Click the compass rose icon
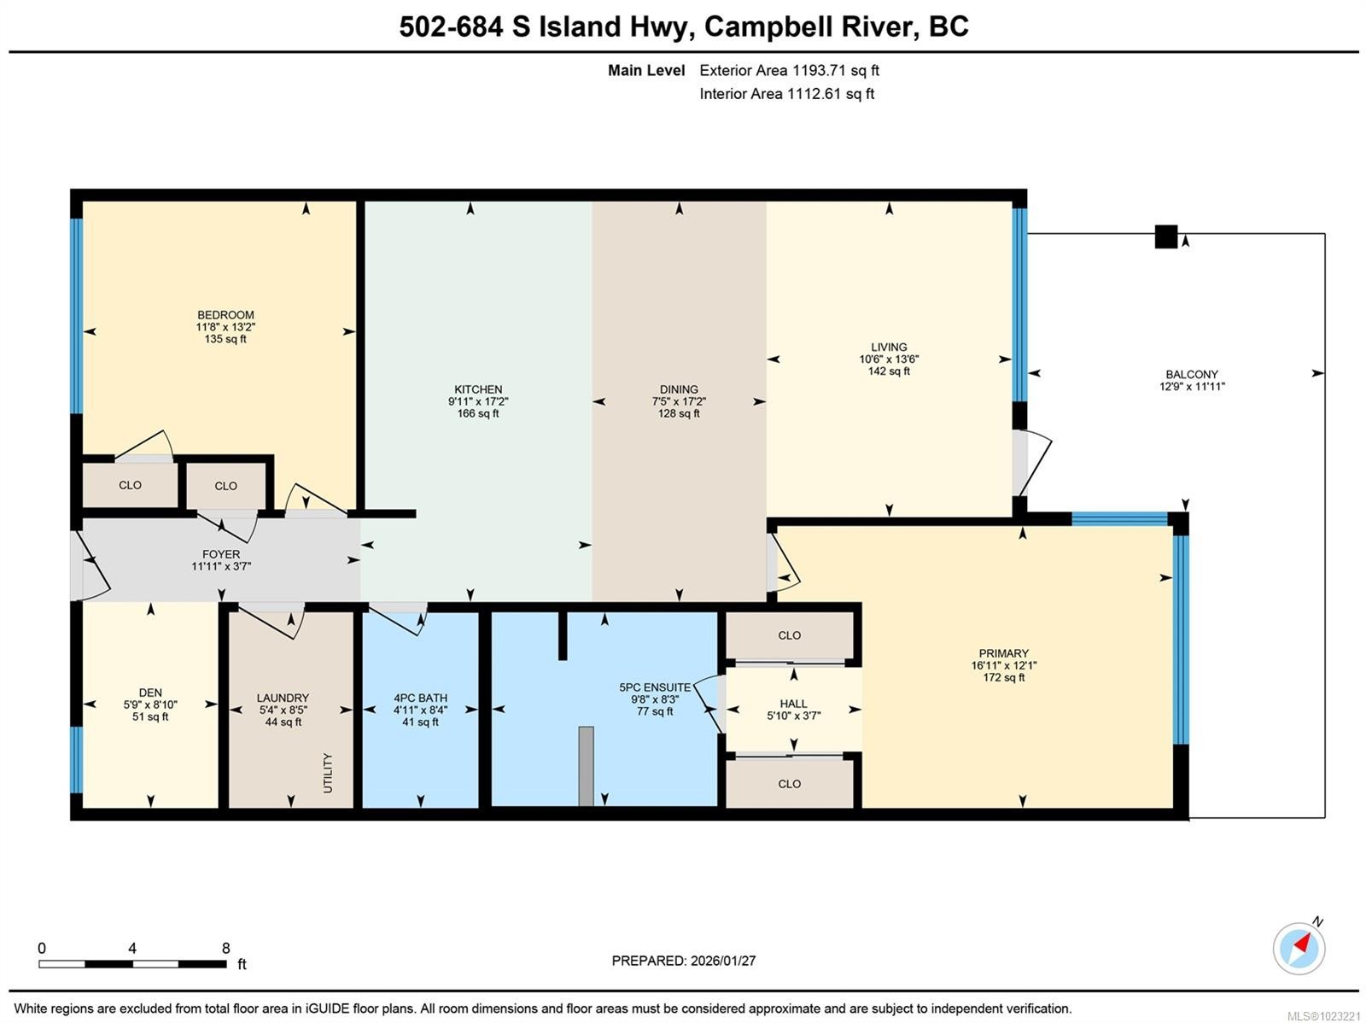pos(1299,948)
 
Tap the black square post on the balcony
pos(1165,237)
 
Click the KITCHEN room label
pos(478,389)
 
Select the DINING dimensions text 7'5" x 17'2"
pos(679,402)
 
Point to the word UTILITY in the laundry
pos(328,773)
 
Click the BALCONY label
pos(1192,375)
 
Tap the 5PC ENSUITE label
pos(655,687)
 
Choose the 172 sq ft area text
pos(1004,677)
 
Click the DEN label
pos(150,693)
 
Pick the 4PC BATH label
pos(420,699)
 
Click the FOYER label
pos(221,554)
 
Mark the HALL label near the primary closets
pos(793,704)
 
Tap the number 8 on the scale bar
pos(226,948)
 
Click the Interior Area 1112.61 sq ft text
pos(786,94)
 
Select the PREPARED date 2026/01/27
pos(723,961)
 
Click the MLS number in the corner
pos(1323,1016)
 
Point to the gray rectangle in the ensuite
pos(587,766)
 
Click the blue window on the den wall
pos(76,760)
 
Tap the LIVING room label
pos(889,348)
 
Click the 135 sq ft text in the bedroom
pos(225,339)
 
